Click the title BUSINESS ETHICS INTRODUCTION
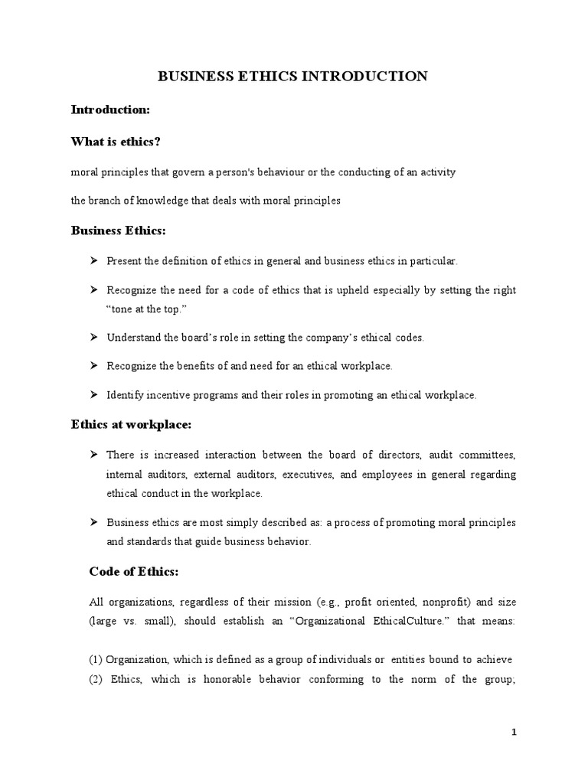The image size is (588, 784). (292, 76)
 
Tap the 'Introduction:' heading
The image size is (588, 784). (110, 109)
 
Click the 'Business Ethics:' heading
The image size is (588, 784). (118, 230)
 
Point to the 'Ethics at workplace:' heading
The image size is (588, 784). (132, 423)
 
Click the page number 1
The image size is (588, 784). (514, 732)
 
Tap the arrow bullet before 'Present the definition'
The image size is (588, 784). (94, 261)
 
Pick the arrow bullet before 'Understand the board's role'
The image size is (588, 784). (94, 337)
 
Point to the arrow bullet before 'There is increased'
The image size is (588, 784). (94, 455)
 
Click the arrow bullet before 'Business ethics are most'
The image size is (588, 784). (94, 522)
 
